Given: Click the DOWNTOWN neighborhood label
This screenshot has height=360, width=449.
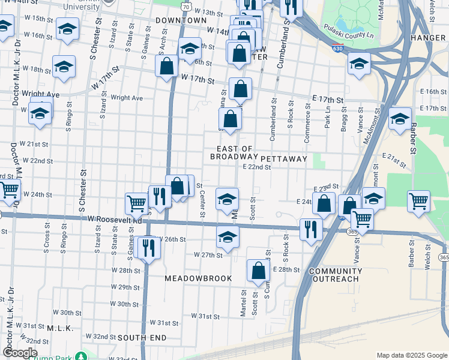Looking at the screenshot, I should coord(181,20).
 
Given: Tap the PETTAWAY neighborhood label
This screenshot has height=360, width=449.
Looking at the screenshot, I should coord(284,159).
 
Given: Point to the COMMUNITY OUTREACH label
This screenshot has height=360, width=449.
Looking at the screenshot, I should coord(336,275).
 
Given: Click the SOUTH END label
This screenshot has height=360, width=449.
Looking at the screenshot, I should coord(142,338).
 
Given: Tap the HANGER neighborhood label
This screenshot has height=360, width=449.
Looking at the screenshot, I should coord(428,38).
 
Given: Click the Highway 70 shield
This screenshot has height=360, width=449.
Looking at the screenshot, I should coord(187,7).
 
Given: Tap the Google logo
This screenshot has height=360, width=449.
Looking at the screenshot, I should coord(20,353).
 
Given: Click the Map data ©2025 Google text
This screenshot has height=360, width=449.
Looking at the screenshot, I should coord(411,355).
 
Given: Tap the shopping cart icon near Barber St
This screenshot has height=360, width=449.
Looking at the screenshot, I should coord(418,200).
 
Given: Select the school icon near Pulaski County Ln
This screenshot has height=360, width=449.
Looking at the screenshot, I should coord(359,64).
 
